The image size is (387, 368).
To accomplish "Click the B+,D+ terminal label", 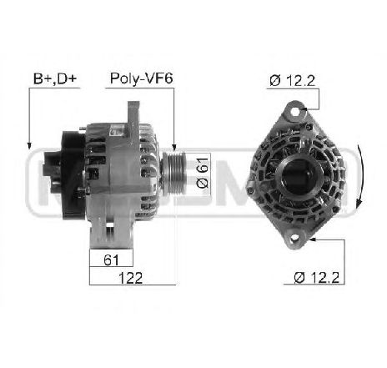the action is pos(55,78).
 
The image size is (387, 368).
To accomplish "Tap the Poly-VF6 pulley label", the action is pos(142,78).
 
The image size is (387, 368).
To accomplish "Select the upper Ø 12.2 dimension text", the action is pos(292,81).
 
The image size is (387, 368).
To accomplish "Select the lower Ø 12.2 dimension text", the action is pos(317,277).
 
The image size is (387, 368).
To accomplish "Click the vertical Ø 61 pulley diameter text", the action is pos(203,173).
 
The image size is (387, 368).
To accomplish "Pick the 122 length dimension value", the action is pos(130,278).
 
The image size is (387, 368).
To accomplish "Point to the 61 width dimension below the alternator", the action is pos(111,260).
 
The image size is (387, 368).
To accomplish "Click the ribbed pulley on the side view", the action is pos(174,173).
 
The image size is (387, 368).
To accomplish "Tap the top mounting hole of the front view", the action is pos(295,112).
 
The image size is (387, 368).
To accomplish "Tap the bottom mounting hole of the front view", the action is pos(294,239).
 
